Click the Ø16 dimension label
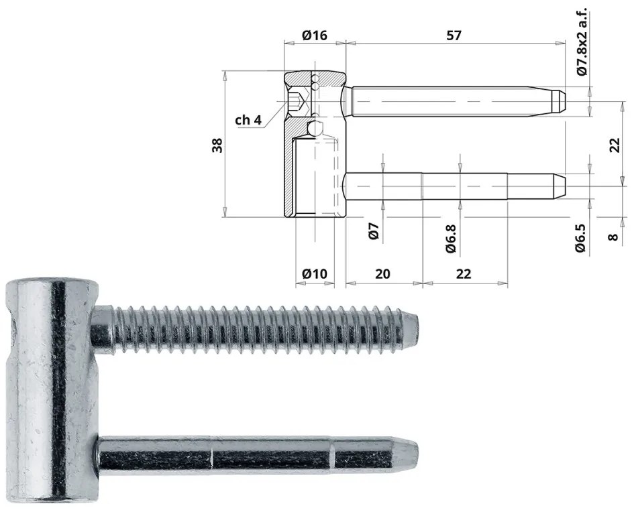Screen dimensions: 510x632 (314, 36)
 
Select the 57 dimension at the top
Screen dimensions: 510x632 (454, 36)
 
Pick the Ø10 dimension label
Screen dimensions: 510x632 (314, 273)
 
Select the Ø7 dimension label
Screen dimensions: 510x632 (375, 231)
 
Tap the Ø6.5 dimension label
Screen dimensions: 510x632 (581, 238)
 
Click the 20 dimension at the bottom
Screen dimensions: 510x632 (382, 273)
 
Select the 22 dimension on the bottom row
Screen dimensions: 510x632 (463, 273)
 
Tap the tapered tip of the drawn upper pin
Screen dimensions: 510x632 (559, 101)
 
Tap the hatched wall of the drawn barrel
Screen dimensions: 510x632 (288, 168)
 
